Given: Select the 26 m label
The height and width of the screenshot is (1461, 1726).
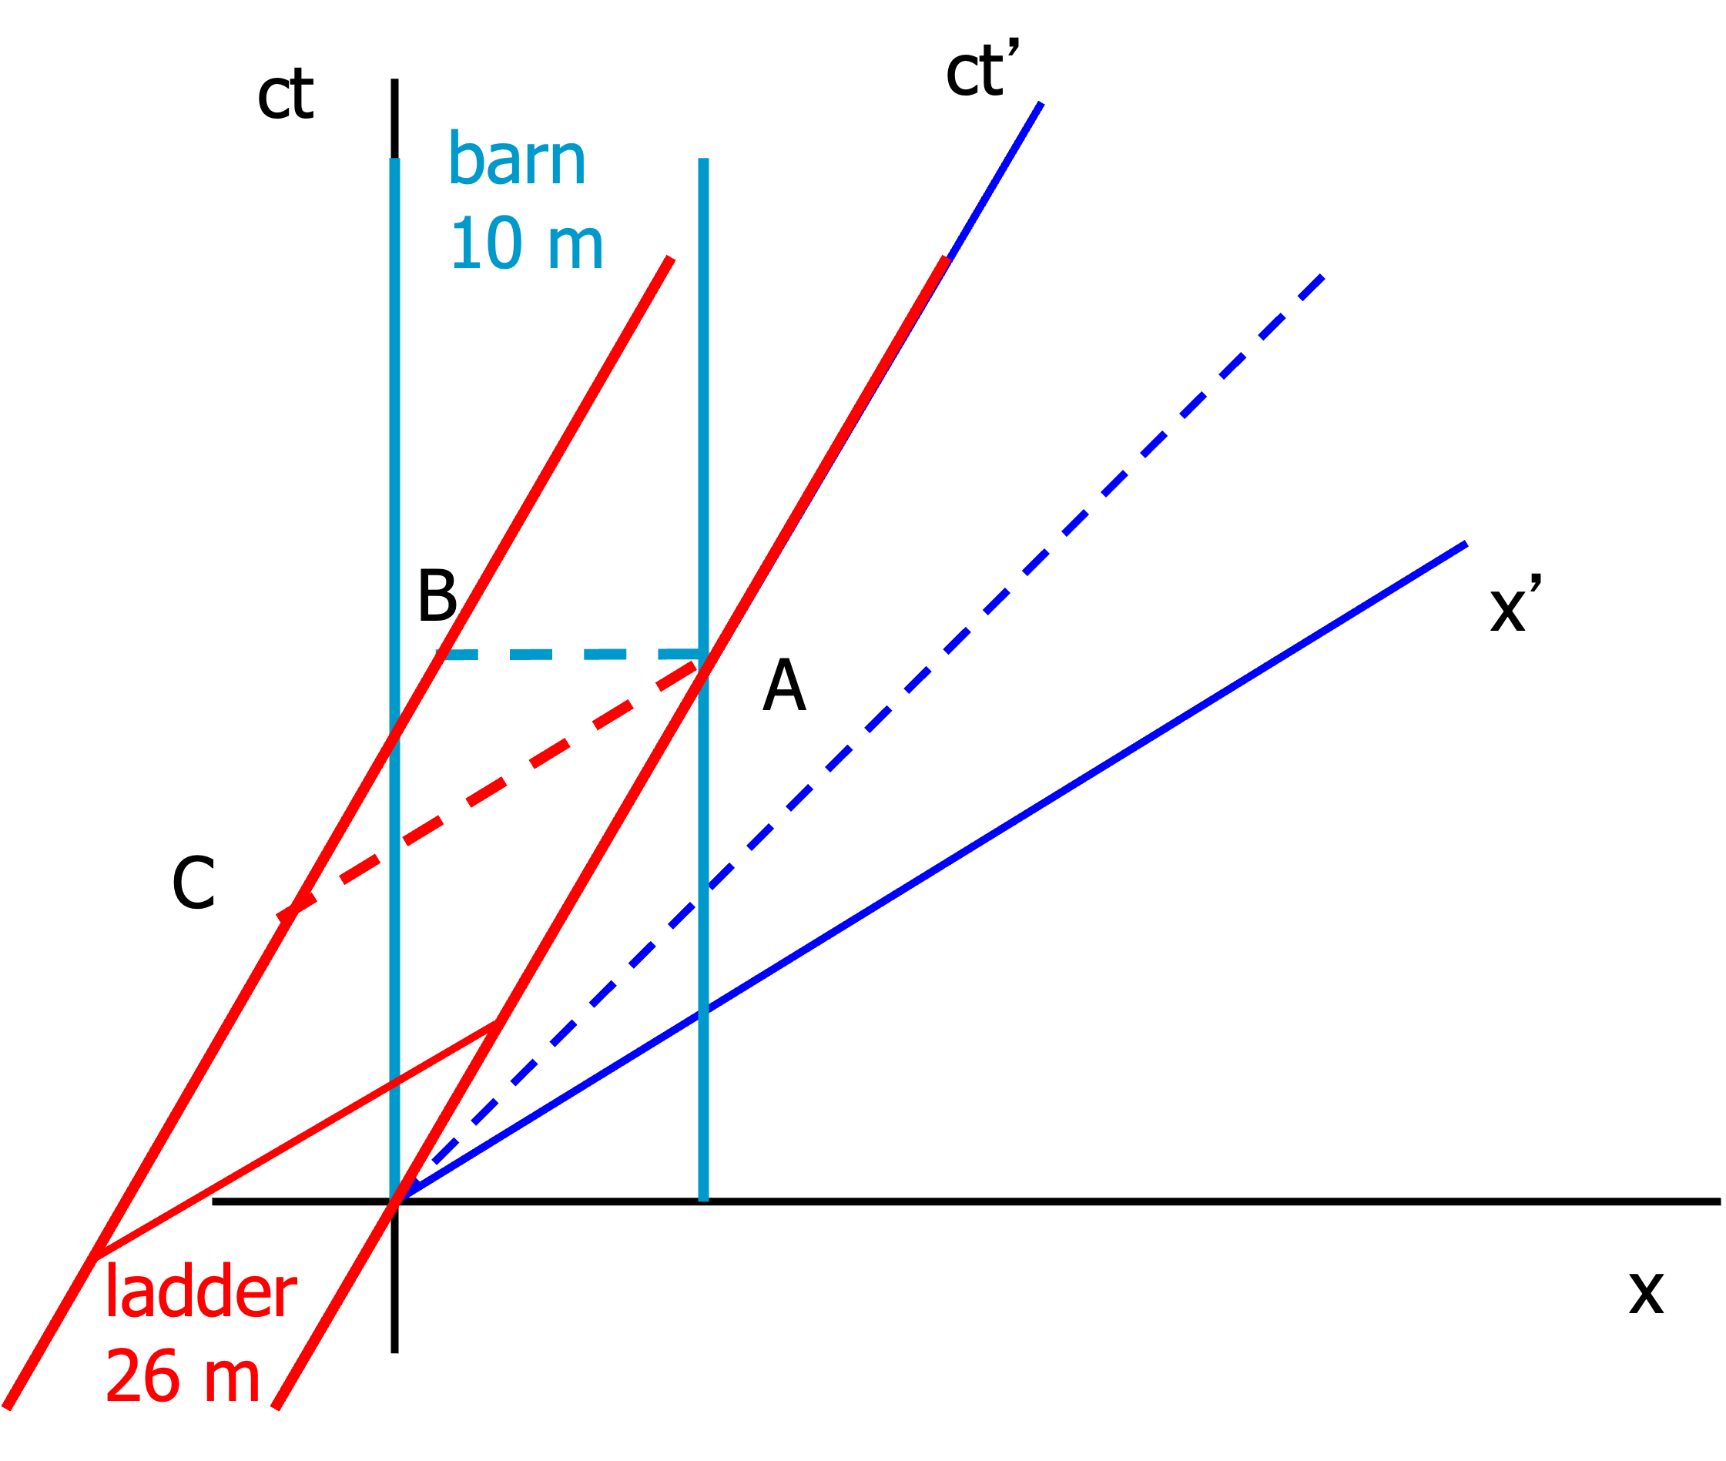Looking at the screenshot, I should tap(183, 1376).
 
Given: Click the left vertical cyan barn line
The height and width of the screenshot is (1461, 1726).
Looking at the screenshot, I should tap(395, 497).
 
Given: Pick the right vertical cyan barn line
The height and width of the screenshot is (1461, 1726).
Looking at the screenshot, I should tap(703, 414).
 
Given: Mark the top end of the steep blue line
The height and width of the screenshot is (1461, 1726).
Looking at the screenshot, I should tap(1041, 102).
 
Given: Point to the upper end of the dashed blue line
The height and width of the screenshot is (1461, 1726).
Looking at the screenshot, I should tap(1322, 276).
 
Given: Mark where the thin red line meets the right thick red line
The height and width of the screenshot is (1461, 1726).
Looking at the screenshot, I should tap(496, 1024).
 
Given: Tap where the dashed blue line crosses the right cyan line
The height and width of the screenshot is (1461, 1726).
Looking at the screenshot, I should tap(703, 894).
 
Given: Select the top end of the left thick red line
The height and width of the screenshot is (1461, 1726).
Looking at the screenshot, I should tap(671, 259).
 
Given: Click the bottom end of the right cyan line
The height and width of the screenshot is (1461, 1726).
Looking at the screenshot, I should tap(703, 1199).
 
